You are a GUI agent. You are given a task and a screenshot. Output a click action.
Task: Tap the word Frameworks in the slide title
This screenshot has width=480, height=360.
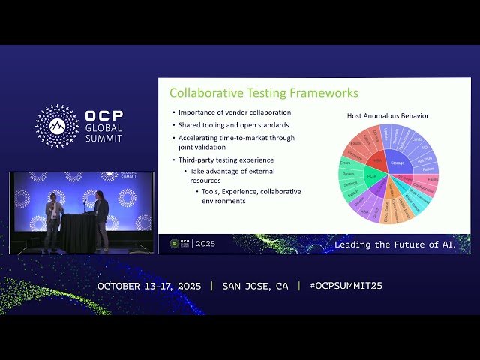point(322,93)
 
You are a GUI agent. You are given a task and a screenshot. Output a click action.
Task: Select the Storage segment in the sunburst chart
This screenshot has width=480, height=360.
point(397,162)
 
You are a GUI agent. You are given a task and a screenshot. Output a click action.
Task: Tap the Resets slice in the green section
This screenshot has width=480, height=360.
point(347,173)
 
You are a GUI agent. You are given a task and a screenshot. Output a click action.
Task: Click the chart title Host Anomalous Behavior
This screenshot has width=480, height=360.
point(388,115)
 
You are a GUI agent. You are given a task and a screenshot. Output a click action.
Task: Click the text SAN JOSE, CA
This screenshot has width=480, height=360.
point(255,286)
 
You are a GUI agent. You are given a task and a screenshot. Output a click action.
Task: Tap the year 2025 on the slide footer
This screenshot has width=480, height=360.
point(205,244)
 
